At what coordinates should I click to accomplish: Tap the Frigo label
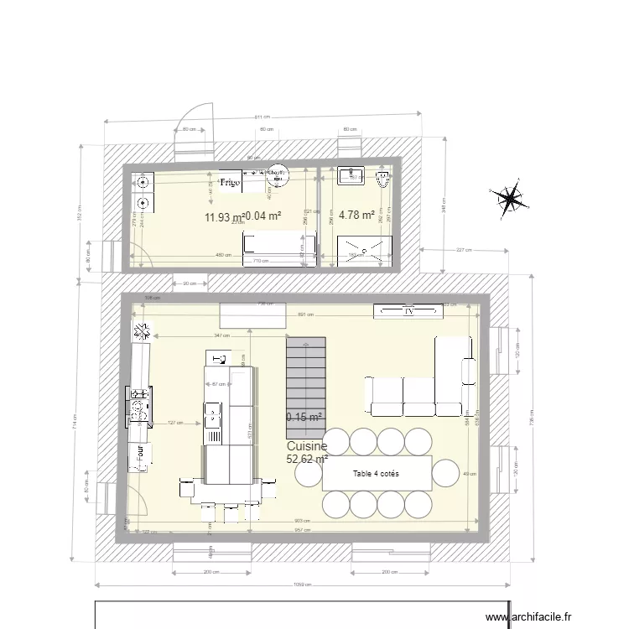tap(230, 181)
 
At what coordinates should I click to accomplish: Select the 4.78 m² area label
tap(356, 216)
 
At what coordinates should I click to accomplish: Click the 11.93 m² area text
tap(223, 218)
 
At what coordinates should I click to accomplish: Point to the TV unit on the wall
tap(408, 311)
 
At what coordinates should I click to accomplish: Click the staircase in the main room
tap(304, 377)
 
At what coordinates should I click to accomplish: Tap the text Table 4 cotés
tap(377, 474)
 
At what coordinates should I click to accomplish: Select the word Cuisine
tap(306, 447)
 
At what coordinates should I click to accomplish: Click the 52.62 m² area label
tap(306, 459)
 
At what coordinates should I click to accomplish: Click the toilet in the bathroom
tap(384, 178)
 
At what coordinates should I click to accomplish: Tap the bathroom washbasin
tap(351, 175)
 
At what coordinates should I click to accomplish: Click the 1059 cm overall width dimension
tap(302, 585)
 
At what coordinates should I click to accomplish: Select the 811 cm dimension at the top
tap(261, 117)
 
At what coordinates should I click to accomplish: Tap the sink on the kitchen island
tap(212, 415)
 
